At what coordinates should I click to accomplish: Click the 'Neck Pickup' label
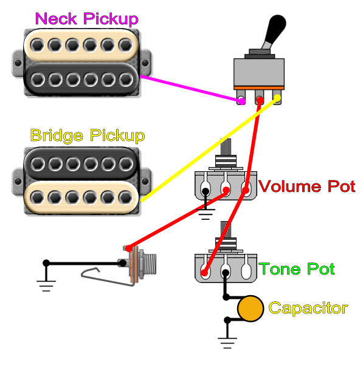click(86, 19)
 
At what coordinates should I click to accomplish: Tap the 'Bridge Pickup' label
click(88, 135)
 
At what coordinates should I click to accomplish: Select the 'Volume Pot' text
click(307, 186)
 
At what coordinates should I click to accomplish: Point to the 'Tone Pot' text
click(297, 268)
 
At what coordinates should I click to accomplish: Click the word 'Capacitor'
click(308, 308)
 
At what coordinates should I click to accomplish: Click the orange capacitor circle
click(250, 309)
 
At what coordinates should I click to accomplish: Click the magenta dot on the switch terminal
click(241, 101)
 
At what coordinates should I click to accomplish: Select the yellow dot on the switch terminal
click(277, 98)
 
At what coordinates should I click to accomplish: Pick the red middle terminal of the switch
click(260, 100)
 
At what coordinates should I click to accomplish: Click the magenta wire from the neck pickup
click(189, 88)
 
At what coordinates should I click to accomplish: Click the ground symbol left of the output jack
click(46, 284)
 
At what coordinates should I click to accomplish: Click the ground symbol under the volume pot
click(207, 213)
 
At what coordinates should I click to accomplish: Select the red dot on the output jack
click(128, 248)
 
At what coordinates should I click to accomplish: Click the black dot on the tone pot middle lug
click(226, 273)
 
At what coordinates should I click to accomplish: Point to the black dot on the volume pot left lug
click(206, 192)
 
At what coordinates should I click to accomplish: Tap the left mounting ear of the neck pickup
click(17, 61)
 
